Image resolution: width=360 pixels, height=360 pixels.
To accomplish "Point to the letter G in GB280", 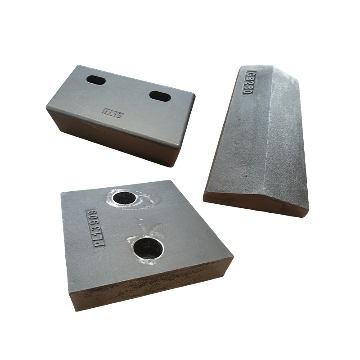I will [254, 72].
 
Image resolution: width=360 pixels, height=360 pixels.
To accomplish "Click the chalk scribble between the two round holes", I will [148, 223].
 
